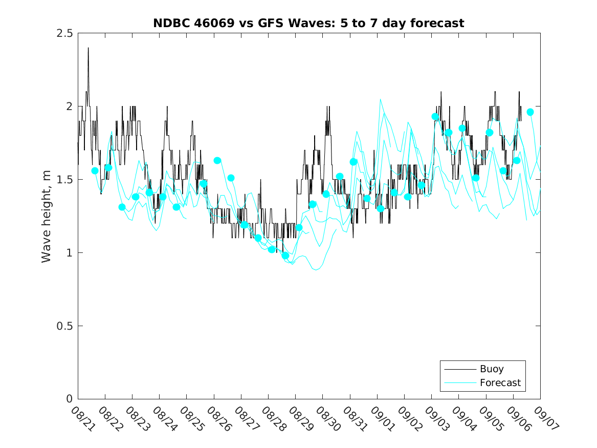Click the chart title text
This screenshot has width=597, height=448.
308,23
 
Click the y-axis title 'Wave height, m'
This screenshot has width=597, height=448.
47,216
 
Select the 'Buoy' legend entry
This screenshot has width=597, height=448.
491,369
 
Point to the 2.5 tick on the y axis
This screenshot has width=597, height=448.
65,33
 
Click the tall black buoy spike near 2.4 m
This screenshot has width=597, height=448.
88,49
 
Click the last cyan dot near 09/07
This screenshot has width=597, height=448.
530,112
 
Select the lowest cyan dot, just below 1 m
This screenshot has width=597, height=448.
285,255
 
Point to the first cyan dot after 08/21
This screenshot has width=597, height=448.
95,170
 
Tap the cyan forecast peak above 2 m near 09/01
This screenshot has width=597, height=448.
380,100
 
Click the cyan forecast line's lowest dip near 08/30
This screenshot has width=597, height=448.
316,269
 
